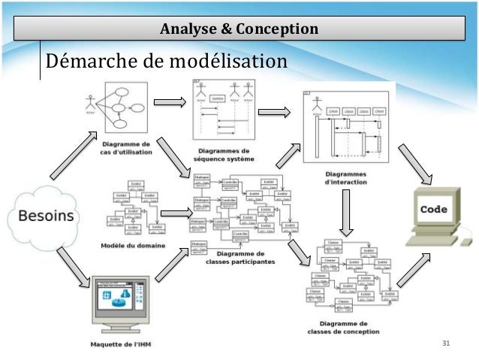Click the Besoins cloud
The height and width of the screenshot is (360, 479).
point(46,216)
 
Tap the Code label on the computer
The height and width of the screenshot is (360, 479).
point(434,209)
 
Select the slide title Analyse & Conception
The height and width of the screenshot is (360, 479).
point(239,29)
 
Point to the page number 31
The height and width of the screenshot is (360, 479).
point(447,343)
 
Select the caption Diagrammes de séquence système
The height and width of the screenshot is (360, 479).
point(222,155)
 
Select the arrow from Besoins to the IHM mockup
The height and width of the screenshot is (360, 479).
point(74,268)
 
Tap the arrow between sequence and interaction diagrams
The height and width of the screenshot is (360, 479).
point(273,113)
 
